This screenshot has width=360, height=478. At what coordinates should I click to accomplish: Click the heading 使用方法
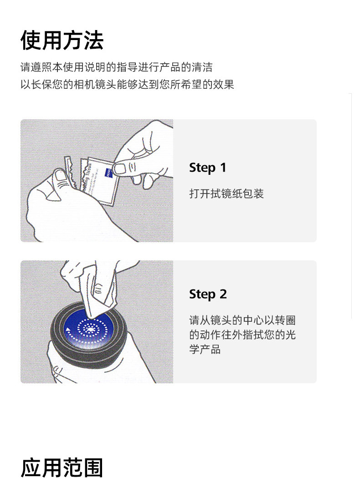[62, 40]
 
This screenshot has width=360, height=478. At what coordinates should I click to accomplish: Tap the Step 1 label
[207, 168]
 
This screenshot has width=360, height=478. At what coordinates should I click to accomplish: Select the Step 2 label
[208, 295]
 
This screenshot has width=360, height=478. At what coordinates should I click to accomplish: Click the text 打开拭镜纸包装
[226, 193]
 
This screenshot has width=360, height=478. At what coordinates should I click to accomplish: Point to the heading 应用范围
[62, 468]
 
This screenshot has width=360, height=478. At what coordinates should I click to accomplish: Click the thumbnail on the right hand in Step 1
[120, 168]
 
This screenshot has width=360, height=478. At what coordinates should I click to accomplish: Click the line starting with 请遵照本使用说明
[116, 67]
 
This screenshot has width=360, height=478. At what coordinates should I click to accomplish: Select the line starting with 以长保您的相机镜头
[127, 84]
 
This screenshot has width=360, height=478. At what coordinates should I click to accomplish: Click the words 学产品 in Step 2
[205, 349]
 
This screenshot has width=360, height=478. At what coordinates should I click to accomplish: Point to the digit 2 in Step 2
[223, 294]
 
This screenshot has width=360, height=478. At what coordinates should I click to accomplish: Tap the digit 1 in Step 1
[223, 168]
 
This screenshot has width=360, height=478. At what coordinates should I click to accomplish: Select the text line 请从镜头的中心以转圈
[242, 320]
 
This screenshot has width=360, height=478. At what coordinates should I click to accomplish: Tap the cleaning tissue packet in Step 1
[98, 181]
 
